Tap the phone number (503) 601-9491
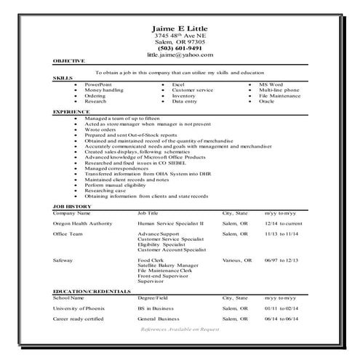[180, 48]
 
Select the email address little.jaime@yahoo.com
[180, 55]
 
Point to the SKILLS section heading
[63, 77]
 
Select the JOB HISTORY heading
[71, 207]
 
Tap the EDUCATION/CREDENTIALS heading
[92, 291]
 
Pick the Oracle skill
[266, 101]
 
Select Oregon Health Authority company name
[82, 223]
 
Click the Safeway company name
[63, 260]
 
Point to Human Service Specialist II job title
[171, 223]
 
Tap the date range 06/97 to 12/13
[281, 260]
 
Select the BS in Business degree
[159, 308]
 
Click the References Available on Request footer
[179, 329]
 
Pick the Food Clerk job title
[151, 260]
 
